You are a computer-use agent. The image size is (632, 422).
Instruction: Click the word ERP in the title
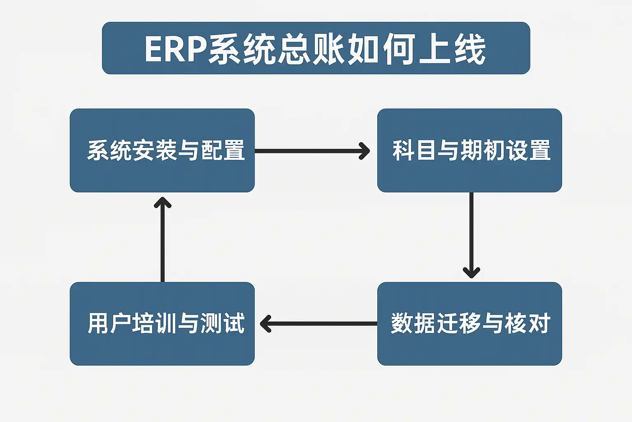tap(175, 49)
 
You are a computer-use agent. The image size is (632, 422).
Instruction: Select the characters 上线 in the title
tap(453, 49)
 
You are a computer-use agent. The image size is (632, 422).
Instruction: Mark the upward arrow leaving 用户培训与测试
tap(163, 243)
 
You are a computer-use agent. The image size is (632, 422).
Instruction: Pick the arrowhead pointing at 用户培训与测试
tap(265, 324)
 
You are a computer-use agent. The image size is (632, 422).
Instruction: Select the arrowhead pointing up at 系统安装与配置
tap(163, 202)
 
